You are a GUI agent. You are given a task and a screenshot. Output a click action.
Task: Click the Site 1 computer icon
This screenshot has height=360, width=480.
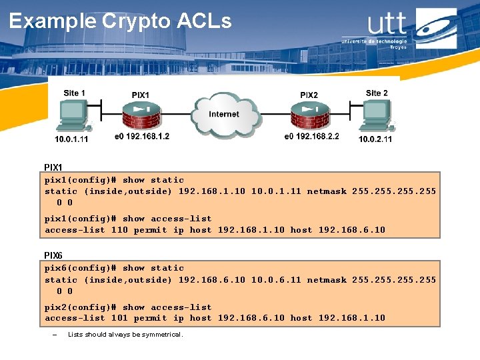pos(72,117)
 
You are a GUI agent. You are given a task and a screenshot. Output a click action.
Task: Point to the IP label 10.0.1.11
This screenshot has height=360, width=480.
pos(71,139)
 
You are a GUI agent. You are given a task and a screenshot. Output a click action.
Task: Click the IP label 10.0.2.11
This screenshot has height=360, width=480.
pos(375,139)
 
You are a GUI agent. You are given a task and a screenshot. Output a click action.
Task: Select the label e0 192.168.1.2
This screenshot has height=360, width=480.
pos(142,136)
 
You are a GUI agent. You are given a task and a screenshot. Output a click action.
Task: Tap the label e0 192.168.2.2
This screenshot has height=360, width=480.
pos(311,136)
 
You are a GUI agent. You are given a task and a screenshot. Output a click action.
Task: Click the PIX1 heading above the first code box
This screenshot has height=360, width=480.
pos(53,167)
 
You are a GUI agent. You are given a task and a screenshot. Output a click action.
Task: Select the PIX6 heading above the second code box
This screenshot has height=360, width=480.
pos(53,255)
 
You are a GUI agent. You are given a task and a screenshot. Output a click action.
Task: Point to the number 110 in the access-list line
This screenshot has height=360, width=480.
pos(119,230)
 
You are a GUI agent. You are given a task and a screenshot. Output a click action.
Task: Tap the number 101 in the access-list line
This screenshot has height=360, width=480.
pos(119,318)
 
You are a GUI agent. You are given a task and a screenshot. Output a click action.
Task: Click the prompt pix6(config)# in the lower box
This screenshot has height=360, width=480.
pos(81,268)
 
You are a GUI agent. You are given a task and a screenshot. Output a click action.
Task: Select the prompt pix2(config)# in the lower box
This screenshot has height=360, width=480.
pos(81,307)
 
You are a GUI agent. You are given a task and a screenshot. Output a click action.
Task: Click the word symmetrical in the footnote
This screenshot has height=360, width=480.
pos(162,334)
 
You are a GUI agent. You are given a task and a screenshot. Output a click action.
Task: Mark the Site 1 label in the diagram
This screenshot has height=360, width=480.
pos(74,93)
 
